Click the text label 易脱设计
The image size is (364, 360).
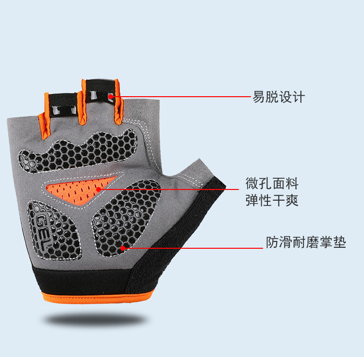click(278, 97)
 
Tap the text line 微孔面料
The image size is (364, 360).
click(272, 184)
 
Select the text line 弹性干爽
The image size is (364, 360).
click(272, 200)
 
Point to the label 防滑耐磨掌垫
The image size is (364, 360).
click(306, 242)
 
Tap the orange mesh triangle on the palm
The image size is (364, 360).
click(78, 189)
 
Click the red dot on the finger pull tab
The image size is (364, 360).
click(111, 97)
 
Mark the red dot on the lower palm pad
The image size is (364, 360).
click(123, 248)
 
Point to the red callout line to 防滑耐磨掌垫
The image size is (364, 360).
click(194, 248)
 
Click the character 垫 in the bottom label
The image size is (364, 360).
click(340, 242)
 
